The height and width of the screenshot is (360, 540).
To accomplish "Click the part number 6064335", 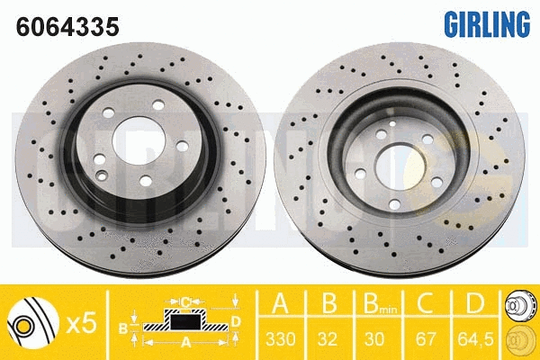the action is tap(67, 27).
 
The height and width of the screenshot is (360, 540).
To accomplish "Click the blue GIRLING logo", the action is tap(487, 24).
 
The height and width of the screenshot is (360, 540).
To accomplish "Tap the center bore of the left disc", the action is tap(139, 140).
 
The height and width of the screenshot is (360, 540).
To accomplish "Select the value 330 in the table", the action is tap(281, 339).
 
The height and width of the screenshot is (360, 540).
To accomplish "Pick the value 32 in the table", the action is tap(328, 339).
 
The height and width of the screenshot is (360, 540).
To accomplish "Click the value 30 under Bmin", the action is tap(374, 339).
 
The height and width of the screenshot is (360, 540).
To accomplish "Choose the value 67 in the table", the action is tap(426, 339).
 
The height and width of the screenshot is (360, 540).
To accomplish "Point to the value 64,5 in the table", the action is tap(475, 339).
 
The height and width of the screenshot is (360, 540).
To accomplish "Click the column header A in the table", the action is tap(280, 303).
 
